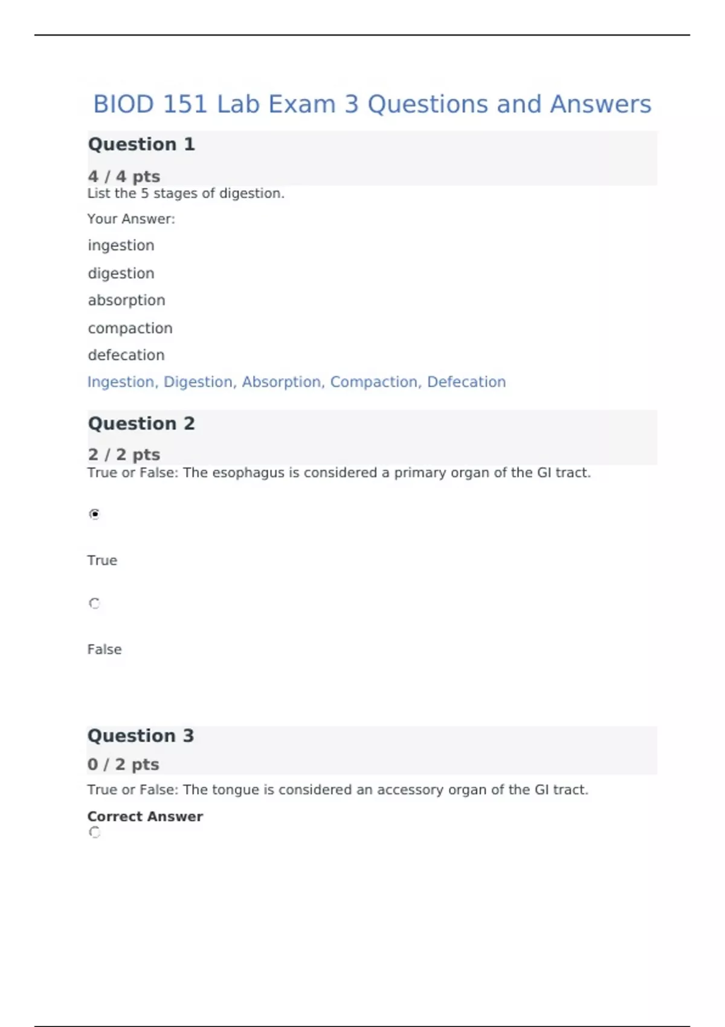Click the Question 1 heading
(141, 144)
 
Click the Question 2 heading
(141, 423)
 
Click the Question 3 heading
(141, 736)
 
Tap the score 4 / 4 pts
(124, 176)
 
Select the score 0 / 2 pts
(123, 764)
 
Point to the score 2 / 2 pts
(124, 454)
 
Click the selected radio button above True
(94, 514)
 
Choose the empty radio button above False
(94, 604)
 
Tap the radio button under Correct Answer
(94, 832)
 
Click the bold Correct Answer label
(145, 817)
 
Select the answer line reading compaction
(130, 328)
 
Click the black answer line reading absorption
(126, 300)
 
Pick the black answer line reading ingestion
(121, 245)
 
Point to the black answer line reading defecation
(126, 355)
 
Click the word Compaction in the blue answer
(374, 382)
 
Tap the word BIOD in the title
(123, 105)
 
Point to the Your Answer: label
(131, 219)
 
